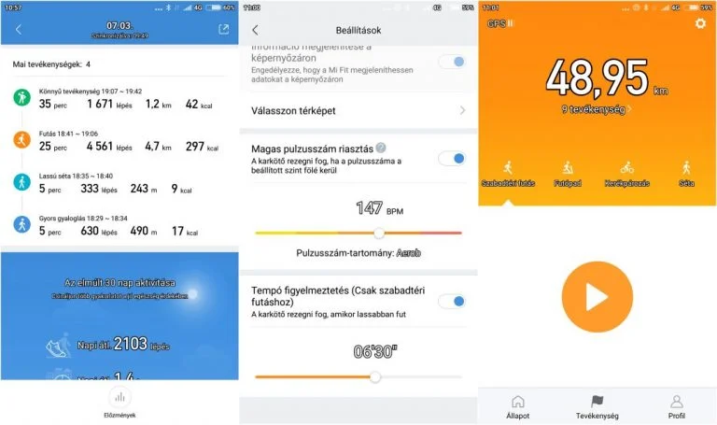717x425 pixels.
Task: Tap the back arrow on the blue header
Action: [x=19, y=29]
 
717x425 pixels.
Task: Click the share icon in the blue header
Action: [x=223, y=29]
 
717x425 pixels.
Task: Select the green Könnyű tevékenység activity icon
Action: [x=21, y=98]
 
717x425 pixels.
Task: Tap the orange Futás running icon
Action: [x=21, y=140]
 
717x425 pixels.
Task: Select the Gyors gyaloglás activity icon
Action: [x=21, y=224]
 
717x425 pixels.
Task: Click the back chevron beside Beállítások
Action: [x=256, y=31]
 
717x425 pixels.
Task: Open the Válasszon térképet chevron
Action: [x=462, y=111]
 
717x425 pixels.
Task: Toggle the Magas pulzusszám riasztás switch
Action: [x=452, y=158]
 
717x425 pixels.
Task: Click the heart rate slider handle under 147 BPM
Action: [x=379, y=233]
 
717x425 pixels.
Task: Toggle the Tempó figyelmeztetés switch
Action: [x=452, y=301]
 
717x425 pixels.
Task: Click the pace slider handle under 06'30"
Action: [x=375, y=376]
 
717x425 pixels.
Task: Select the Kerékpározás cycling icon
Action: [x=626, y=168]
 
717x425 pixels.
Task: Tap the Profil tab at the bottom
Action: [x=677, y=402]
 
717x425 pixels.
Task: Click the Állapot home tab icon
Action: [x=518, y=402]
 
